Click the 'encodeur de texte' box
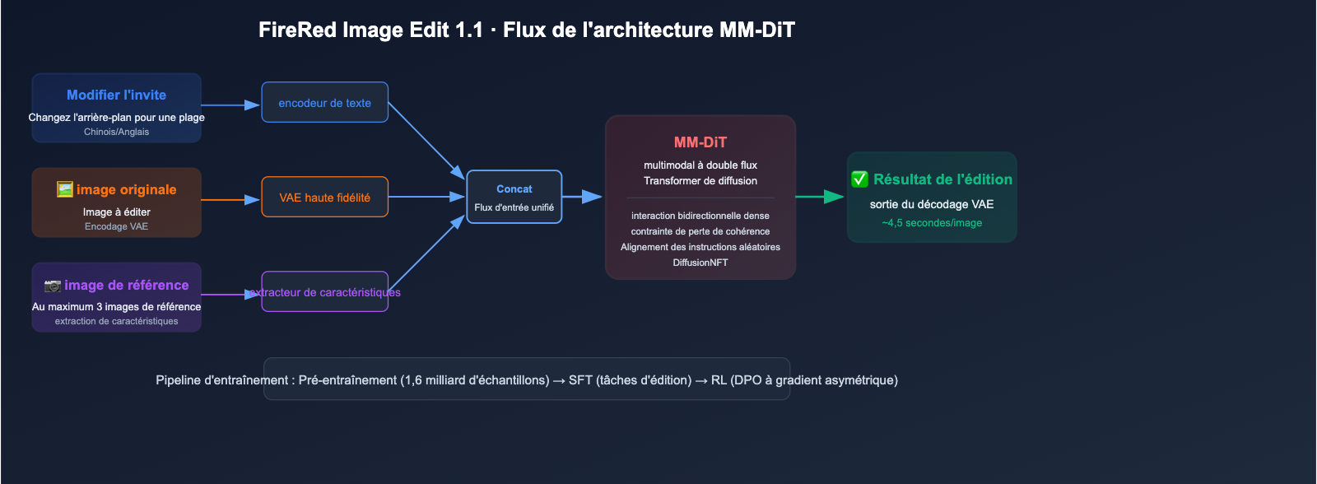click(324, 102)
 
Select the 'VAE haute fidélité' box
click(324, 197)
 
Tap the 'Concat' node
click(514, 197)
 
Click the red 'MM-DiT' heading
click(700, 142)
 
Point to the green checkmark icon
click(859, 179)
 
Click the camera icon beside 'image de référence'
click(53, 286)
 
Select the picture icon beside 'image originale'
click(65, 189)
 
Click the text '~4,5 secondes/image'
click(932, 223)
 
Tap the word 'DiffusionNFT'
click(700, 263)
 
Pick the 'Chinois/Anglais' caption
click(116, 132)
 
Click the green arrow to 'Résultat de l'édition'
click(820, 197)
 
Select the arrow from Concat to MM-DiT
click(582, 197)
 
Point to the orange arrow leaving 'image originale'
click(230, 200)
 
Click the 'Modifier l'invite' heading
click(116, 95)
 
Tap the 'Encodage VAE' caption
click(116, 226)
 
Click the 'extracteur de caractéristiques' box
click(324, 291)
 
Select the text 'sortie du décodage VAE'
click(932, 204)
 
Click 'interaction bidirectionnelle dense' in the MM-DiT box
click(700, 216)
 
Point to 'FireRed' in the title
click(297, 30)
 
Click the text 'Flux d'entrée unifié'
click(514, 207)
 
